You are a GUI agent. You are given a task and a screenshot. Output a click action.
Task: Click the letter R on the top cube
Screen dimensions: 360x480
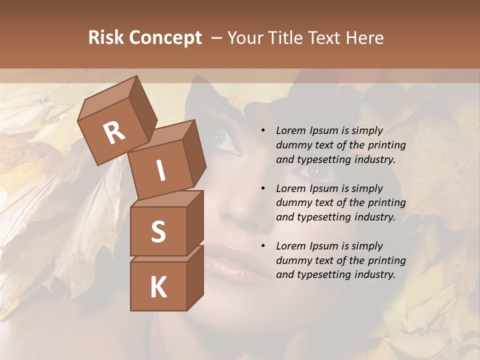(114, 133)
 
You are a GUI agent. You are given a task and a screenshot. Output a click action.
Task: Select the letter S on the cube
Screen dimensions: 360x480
(158, 231)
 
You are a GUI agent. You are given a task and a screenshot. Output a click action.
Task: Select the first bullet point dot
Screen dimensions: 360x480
(263, 131)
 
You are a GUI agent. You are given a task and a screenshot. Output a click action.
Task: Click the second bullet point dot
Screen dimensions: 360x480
(263, 188)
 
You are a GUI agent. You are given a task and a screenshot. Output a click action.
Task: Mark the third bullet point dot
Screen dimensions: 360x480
(263, 246)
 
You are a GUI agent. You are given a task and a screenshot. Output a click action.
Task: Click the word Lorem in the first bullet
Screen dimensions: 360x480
(291, 130)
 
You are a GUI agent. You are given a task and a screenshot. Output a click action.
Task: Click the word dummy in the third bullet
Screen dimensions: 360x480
(291, 260)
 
